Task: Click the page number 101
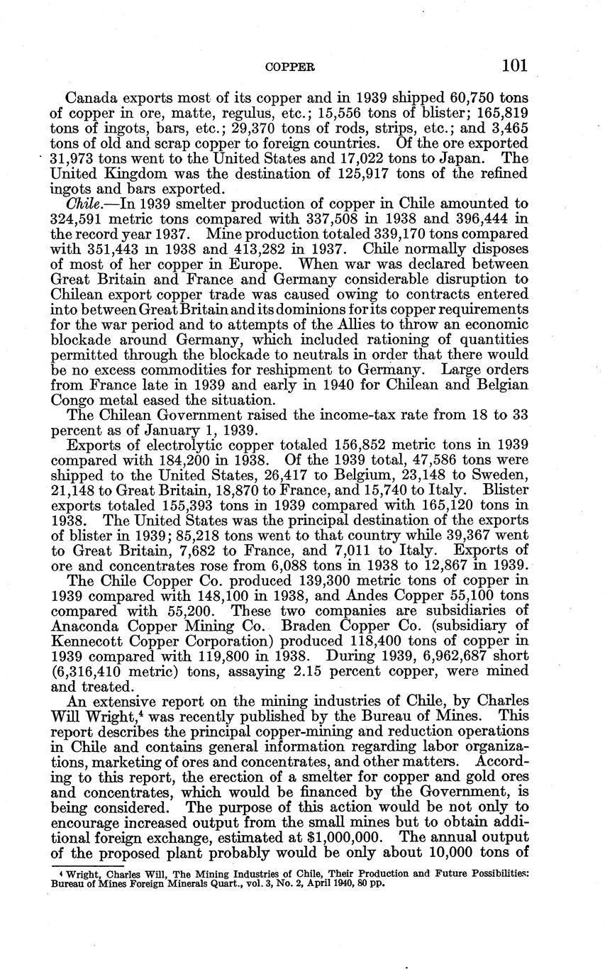(514, 66)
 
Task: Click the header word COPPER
(289, 67)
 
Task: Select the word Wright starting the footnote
(77, 874)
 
